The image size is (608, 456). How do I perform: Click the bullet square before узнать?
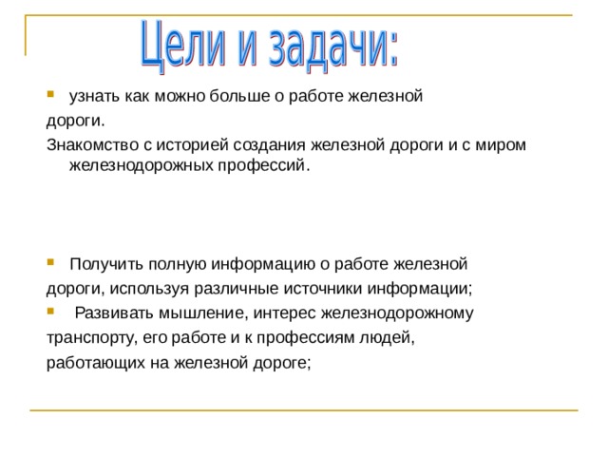(50, 96)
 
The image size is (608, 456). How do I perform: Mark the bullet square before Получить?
(50, 262)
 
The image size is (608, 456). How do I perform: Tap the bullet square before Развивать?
(50, 312)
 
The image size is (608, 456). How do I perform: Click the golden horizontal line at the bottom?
(304, 410)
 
